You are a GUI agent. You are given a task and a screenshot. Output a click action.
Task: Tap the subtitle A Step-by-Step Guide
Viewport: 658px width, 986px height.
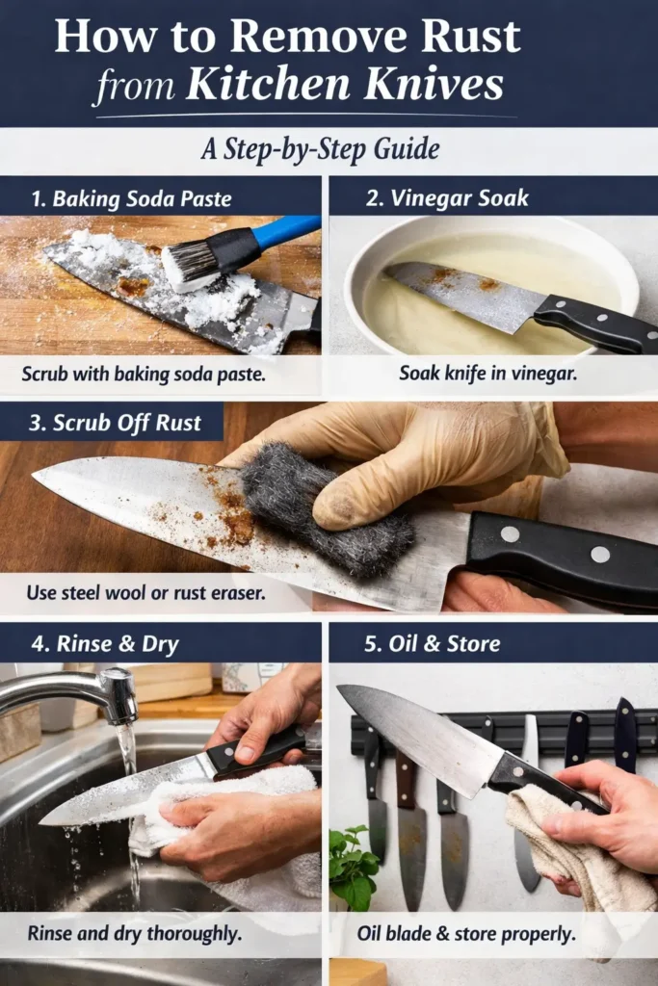coord(321,150)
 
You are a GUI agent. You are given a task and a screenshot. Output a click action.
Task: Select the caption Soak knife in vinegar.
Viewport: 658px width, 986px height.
coord(487,373)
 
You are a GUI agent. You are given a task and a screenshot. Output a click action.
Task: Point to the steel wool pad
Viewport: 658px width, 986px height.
coord(322,509)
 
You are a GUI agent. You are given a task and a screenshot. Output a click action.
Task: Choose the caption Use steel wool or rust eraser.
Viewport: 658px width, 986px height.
coord(145,593)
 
